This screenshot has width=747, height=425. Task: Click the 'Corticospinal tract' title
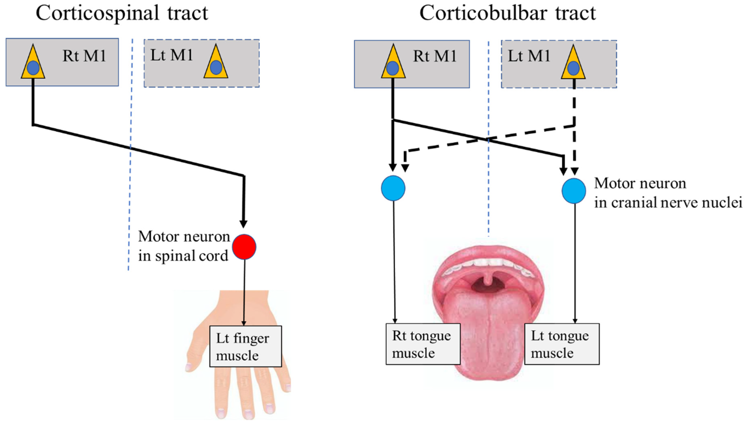tap(122, 13)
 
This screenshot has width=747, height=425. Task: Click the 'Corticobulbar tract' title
tap(507, 13)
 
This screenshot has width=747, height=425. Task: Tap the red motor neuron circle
tap(244, 247)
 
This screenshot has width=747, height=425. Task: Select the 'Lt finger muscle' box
tap(245, 346)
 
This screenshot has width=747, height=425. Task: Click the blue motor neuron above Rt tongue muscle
tap(393, 188)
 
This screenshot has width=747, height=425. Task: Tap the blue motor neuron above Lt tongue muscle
tap(574, 191)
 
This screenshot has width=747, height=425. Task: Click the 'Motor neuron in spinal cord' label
tap(184, 246)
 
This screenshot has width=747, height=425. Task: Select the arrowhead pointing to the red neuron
tap(243, 224)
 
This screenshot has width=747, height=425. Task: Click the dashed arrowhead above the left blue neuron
tap(405, 168)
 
